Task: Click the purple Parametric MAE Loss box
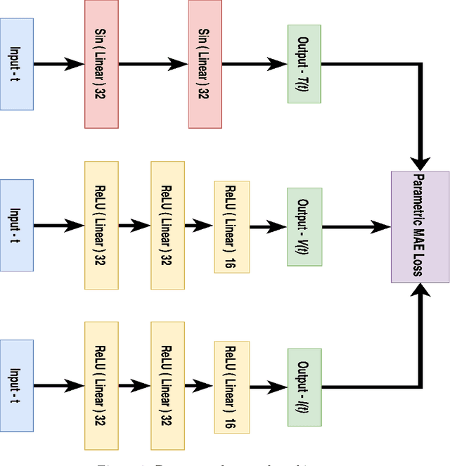click(x=420, y=226)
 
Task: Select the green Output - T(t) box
click(x=304, y=65)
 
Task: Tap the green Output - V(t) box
click(x=304, y=226)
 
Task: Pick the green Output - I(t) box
click(x=304, y=387)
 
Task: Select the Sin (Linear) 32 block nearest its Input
click(x=102, y=65)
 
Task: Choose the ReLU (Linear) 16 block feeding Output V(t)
click(x=231, y=226)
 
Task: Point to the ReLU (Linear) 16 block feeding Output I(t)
click(x=231, y=387)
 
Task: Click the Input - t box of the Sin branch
click(x=17, y=65)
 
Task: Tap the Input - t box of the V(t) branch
click(x=17, y=225)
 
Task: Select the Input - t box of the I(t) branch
click(x=17, y=386)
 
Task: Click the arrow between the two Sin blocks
click(x=153, y=65)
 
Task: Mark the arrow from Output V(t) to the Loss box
click(x=356, y=226)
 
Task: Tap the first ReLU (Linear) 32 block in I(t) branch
click(x=101, y=386)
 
